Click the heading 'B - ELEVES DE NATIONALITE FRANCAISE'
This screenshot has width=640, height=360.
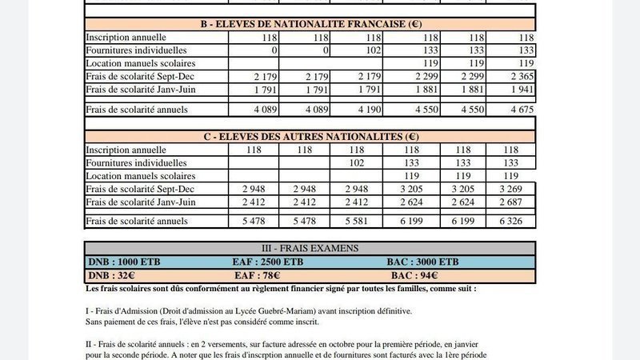click(310, 24)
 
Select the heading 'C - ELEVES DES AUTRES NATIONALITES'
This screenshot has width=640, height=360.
click(310, 137)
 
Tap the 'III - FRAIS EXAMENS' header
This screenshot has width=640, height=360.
click(310, 248)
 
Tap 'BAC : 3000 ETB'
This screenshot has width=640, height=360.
click(422, 262)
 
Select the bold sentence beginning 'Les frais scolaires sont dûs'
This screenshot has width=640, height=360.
click(280, 288)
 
